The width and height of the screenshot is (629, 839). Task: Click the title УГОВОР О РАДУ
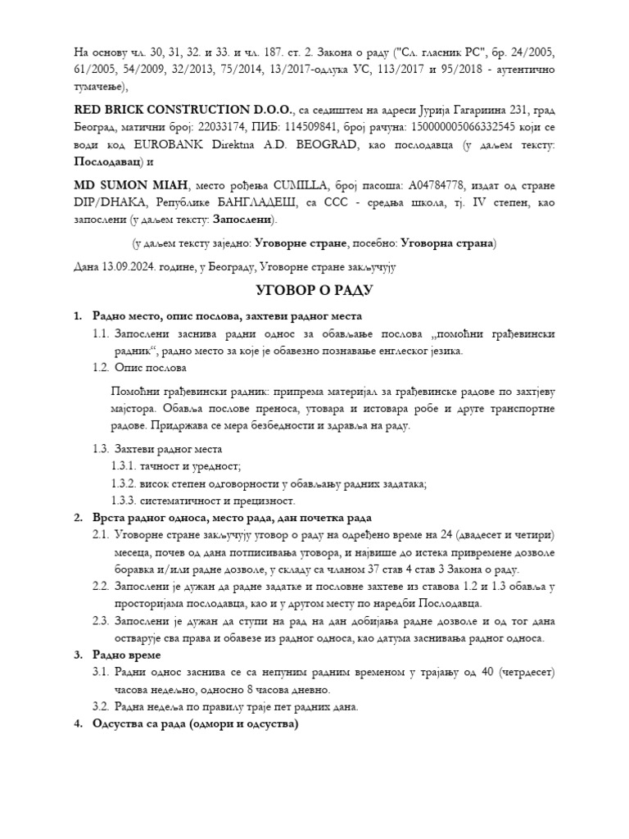pyautogui.click(x=315, y=291)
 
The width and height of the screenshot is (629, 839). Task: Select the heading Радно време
pyautogui.click(x=127, y=655)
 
